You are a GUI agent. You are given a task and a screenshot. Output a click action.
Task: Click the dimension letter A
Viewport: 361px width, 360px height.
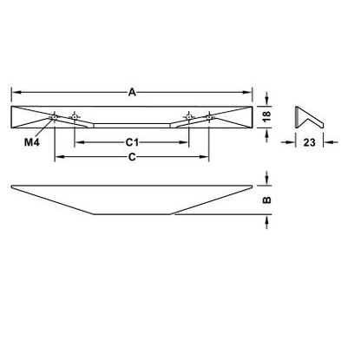132,91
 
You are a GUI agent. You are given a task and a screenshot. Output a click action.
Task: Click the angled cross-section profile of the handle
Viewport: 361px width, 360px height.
305,116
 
